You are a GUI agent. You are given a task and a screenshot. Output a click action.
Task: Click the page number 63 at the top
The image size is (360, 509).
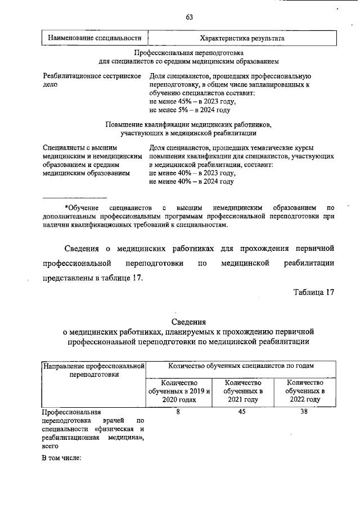[x=190, y=17]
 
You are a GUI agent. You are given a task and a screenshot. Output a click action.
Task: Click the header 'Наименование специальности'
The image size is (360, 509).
[x=94, y=38]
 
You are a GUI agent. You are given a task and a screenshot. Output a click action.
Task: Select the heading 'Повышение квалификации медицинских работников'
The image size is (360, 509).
[x=188, y=124]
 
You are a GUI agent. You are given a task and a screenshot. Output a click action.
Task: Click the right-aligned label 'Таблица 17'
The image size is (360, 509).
[x=313, y=291]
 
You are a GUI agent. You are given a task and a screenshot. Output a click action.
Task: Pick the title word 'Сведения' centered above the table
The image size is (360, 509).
[x=188, y=322]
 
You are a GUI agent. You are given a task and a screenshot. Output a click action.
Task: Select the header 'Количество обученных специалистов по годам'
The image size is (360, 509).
[x=241, y=366]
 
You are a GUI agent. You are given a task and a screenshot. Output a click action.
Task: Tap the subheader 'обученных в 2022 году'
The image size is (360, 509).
[x=304, y=390]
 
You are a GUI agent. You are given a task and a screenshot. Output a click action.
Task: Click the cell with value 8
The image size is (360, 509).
[x=178, y=412]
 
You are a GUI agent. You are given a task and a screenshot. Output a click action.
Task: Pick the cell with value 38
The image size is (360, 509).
[x=304, y=412]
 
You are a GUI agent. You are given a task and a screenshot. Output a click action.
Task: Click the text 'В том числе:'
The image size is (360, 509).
[x=62, y=457]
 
